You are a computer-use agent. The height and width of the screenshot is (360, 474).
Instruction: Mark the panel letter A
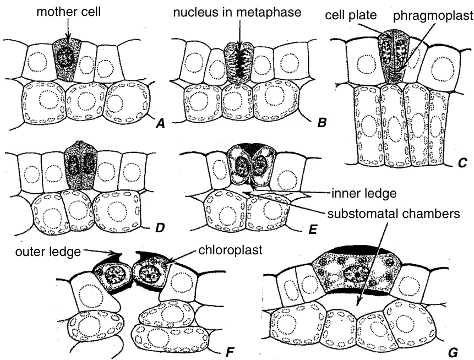[161, 124]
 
